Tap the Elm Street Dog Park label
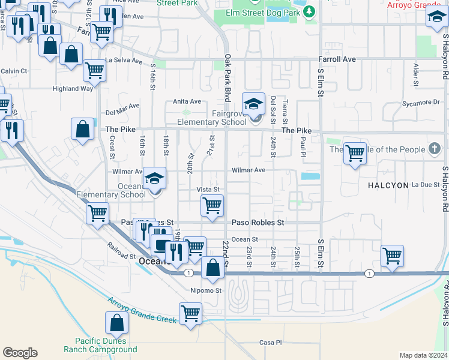(262, 12)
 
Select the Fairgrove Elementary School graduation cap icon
(253, 104)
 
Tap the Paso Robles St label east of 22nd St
(258, 222)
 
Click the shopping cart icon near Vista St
(212, 206)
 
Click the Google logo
(20, 353)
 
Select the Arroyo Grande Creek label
(143, 310)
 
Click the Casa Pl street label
(270, 343)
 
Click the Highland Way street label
(73, 89)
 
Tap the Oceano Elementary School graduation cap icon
(154, 178)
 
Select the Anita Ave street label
(187, 101)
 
